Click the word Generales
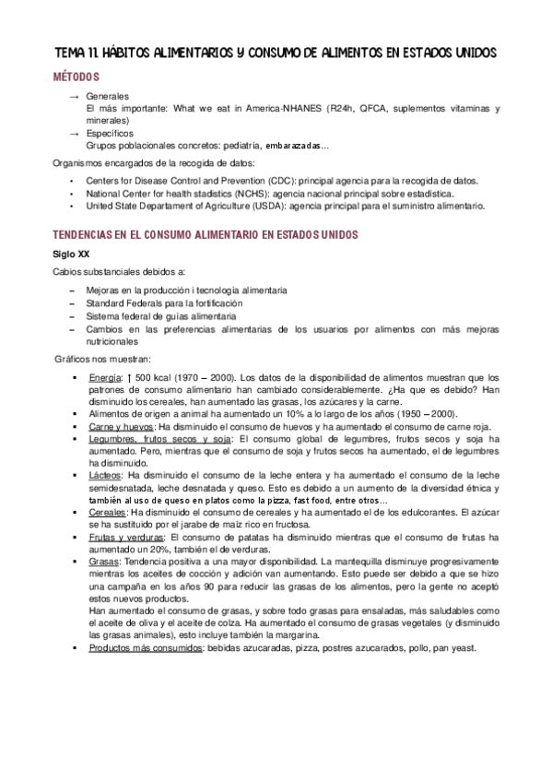click(107, 96)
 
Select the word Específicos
click(109, 134)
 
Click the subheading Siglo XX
click(72, 254)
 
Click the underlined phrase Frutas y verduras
click(126, 535)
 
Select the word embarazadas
click(294, 146)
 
